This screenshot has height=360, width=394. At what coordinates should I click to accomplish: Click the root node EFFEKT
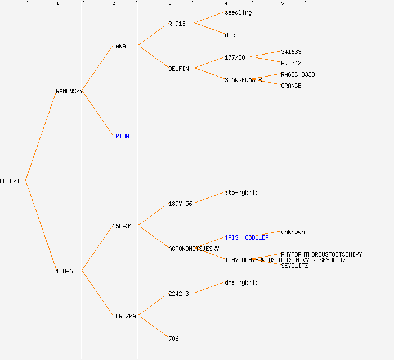(x=10, y=181)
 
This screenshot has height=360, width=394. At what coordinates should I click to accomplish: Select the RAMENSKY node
(x=69, y=91)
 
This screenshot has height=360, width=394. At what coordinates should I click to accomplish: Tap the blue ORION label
(x=120, y=136)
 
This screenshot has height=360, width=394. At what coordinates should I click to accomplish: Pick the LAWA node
(x=119, y=46)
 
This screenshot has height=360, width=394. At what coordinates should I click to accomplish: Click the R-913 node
(x=177, y=24)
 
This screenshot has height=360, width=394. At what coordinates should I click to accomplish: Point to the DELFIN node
(x=178, y=69)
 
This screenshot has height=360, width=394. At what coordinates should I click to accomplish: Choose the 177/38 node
(x=235, y=57)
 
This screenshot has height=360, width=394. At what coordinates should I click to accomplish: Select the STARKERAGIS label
(x=243, y=80)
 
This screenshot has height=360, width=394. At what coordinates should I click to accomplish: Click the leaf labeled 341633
(x=291, y=52)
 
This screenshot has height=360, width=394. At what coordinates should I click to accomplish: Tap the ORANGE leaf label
(x=291, y=85)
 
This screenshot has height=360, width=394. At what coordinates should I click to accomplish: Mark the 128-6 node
(x=64, y=271)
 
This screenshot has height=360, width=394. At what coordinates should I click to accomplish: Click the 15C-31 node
(x=122, y=226)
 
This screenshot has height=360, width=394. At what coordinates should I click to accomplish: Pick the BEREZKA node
(x=124, y=316)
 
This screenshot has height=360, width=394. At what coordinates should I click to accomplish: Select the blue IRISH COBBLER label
(x=247, y=237)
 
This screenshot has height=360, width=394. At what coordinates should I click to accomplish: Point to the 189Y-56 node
(x=180, y=204)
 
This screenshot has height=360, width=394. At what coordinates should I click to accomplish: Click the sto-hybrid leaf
(x=241, y=192)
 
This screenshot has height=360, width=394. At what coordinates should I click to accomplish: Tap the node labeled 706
(x=173, y=339)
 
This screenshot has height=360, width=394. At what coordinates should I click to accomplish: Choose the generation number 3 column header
(x=169, y=4)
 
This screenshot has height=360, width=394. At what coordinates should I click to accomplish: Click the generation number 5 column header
(x=282, y=4)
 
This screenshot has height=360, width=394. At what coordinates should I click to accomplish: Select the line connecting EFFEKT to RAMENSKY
(x=41, y=136)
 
